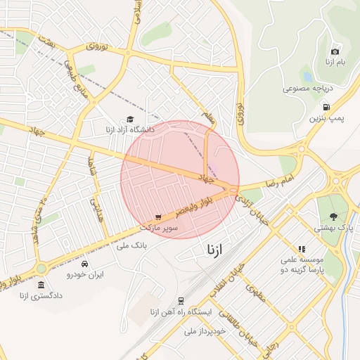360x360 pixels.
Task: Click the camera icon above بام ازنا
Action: point(335,51)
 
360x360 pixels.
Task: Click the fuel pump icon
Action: point(327,106)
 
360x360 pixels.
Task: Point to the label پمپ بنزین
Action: point(327,118)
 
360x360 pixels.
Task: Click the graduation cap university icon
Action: point(130,119)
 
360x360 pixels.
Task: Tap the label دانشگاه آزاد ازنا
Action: point(130,131)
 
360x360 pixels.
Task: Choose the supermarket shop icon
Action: point(159,217)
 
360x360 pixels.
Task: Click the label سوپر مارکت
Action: point(160,229)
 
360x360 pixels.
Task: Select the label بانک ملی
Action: point(131,246)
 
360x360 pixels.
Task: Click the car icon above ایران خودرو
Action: point(85,264)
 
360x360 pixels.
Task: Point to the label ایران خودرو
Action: point(85,275)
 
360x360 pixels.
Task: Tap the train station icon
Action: point(181,300)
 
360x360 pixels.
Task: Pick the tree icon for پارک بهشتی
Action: point(334,217)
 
